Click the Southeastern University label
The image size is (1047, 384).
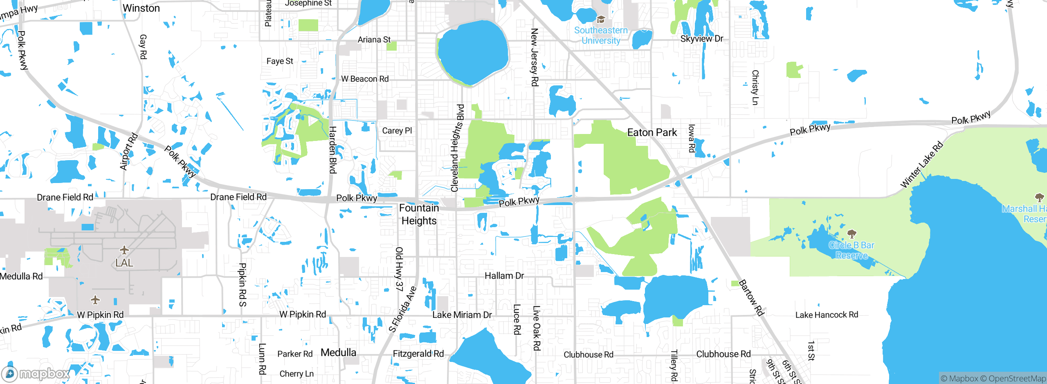click(601, 36)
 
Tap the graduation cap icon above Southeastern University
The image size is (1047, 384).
click(601, 19)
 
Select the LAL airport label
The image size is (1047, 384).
click(124, 263)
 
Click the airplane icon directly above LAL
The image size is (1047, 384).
click(124, 250)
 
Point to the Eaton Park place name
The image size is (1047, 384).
click(652, 132)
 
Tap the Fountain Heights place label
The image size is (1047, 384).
click(419, 214)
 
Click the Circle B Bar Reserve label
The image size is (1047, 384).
click(852, 250)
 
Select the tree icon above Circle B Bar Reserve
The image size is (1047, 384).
click(852, 234)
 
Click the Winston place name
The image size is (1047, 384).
click(141, 8)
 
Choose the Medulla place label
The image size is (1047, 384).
click(338, 353)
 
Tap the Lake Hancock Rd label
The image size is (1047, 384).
click(827, 315)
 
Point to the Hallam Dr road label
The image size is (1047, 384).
click(504, 276)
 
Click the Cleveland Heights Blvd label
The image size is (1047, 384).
click(457, 148)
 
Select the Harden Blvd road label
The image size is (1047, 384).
click(333, 150)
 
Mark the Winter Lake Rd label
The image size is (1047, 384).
click(922, 165)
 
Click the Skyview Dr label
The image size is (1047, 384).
click(702, 39)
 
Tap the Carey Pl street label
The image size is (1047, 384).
click(397, 131)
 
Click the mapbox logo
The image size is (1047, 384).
click(36, 373)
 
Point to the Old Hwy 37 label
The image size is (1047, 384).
click(399, 269)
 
